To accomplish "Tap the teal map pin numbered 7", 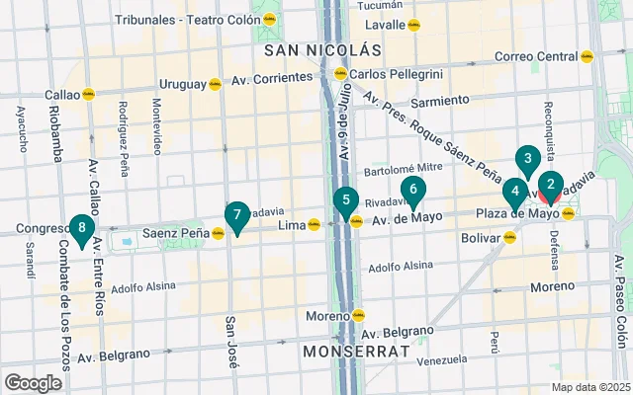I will click(236, 215).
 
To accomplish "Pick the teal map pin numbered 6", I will click(412, 189).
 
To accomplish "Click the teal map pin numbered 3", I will click(528, 159).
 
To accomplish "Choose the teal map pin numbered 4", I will click(514, 191).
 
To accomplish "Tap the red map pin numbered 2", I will click(551, 185).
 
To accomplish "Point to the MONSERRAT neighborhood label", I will click(355, 351).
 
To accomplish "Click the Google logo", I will click(33, 383).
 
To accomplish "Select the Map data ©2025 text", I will click(589, 387).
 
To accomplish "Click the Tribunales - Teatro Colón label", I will click(179, 20).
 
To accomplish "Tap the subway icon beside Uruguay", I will click(215, 84).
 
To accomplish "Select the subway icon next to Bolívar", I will click(509, 237).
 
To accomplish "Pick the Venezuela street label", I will click(441, 361).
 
